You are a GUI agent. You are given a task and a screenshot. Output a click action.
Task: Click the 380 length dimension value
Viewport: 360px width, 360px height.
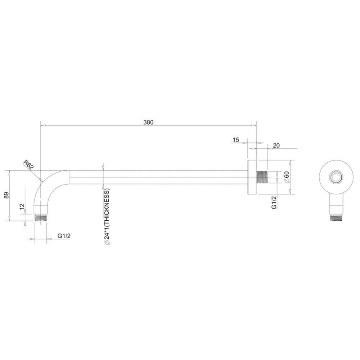(148, 122)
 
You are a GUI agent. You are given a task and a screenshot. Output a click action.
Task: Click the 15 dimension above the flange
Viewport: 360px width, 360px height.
(236, 140)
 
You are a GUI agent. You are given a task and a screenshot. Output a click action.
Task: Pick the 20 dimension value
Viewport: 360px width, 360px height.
(276, 145)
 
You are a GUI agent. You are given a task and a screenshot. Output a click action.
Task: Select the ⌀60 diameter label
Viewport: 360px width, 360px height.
(287, 177)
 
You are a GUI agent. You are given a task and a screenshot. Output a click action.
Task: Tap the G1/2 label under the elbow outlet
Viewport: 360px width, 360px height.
(64, 236)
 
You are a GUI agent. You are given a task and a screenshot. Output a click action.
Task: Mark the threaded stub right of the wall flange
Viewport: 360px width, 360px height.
(262, 177)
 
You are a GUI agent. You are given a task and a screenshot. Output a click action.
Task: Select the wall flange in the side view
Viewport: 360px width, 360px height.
(252, 177)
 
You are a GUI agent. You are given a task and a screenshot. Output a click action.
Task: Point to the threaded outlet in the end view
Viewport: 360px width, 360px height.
(336, 217)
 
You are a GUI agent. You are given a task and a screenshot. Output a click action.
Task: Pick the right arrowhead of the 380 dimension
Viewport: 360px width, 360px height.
(254, 126)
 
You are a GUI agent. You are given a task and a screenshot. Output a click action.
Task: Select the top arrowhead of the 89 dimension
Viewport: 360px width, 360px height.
(9, 172)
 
